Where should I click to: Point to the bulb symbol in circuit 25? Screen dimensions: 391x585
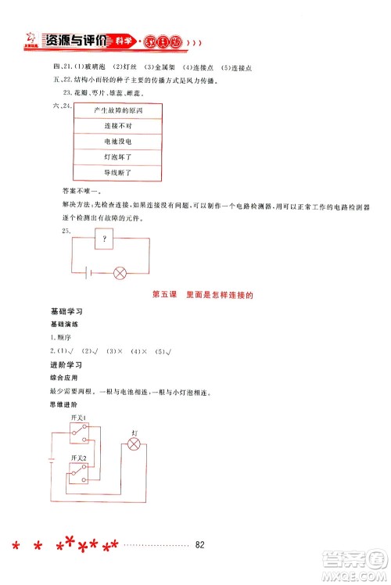pyautogui.click(x=120, y=274)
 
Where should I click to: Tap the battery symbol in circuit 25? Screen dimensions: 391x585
pyautogui.click(x=87, y=274)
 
